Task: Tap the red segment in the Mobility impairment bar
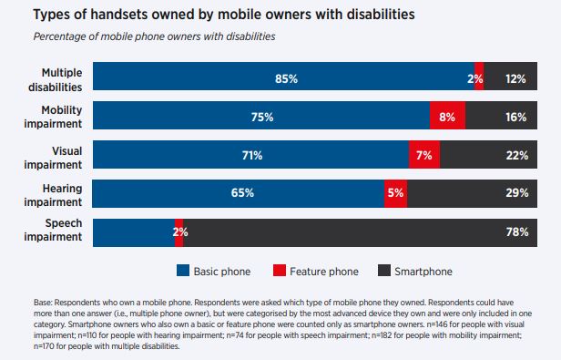coord(447,117)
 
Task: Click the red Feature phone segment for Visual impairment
coord(424,156)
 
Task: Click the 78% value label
coord(517,232)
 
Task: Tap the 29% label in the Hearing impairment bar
coord(517,194)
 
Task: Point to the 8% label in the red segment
coord(447,117)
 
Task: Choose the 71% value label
coord(251,156)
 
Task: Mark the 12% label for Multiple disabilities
coord(517,79)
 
